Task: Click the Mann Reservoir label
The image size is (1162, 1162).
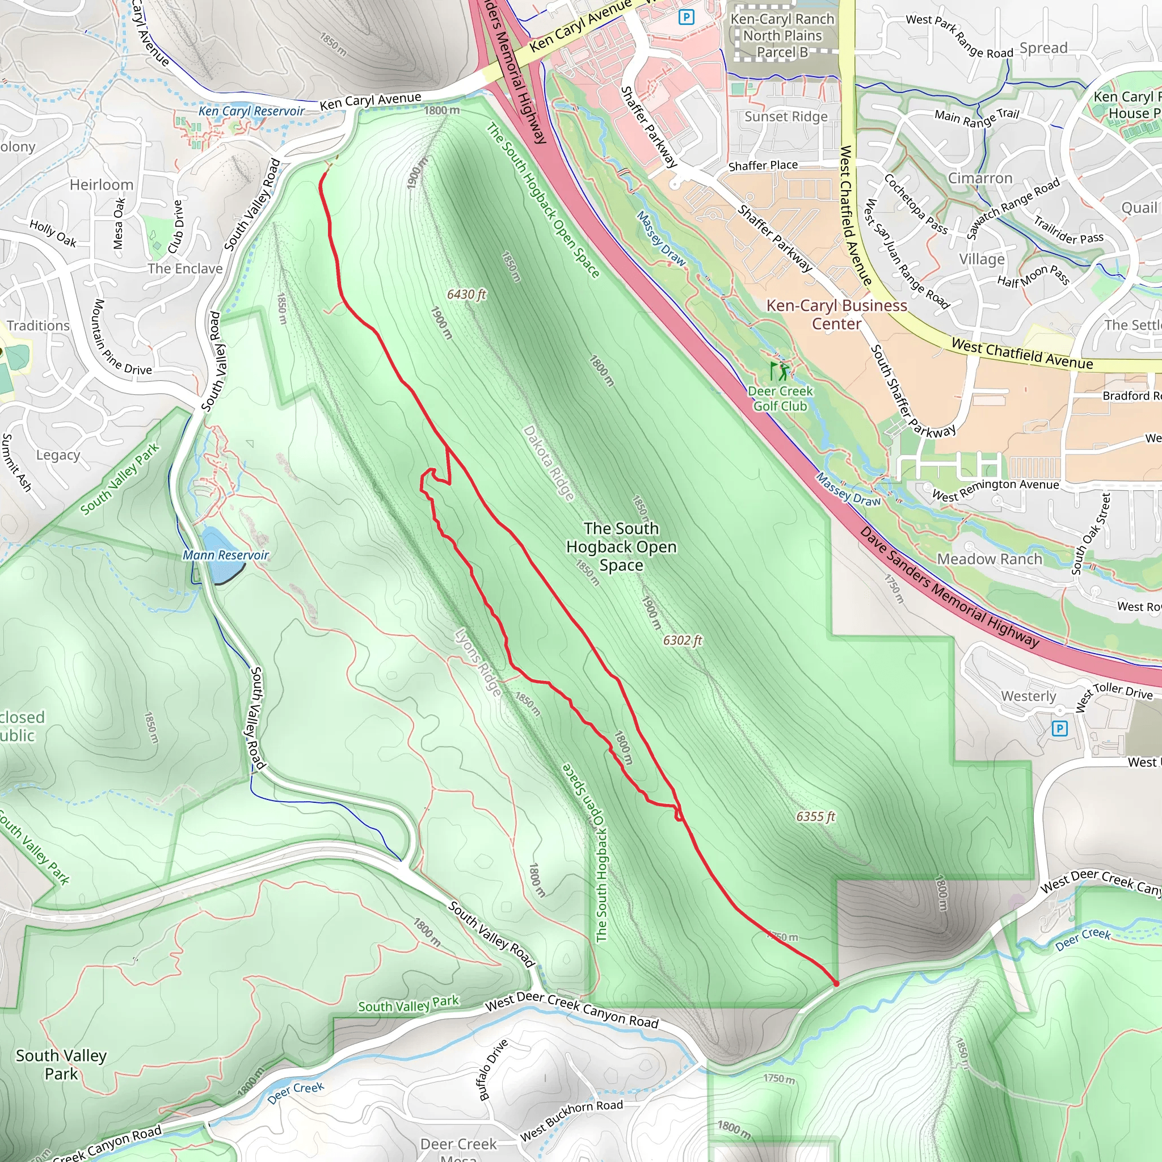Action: [226, 555]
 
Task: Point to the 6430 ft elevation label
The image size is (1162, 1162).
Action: [466, 294]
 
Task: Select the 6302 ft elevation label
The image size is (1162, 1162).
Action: [683, 641]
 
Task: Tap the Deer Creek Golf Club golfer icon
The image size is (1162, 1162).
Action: [780, 371]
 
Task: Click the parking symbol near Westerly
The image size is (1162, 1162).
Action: [1059, 729]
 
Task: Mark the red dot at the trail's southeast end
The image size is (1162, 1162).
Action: [836, 983]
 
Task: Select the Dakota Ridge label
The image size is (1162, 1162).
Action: [549, 463]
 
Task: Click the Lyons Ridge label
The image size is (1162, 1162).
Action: [478, 662]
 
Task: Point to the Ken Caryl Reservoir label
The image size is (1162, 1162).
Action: [251, 111]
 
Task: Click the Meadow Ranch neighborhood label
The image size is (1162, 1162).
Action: [990, 559]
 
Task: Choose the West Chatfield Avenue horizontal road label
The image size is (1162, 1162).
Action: [1022, 354]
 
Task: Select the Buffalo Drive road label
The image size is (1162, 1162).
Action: [493, 1070]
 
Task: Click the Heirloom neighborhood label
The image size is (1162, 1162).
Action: [102, 184]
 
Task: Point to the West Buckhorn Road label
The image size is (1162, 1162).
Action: [571, 1120]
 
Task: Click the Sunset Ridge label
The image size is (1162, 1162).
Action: [786, 117]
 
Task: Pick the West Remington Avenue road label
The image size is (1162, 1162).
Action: [995, 491]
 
